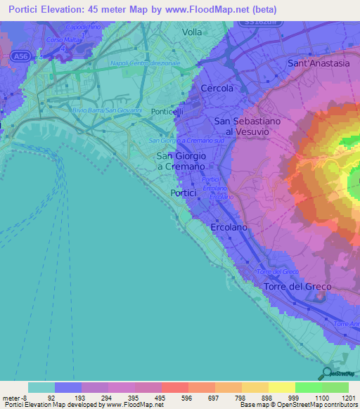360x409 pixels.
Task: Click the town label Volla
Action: (x=191, y=32)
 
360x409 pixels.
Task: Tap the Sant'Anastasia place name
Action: (x=319, y=63)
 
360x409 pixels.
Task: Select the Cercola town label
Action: (x=217, y=89)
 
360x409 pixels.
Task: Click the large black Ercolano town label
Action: (x=230, y=228)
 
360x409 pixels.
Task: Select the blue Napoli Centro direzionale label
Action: (x=146, y=63)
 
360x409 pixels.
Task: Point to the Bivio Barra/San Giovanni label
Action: (x=107, y=110)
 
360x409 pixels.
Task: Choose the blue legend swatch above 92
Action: (x=67, y=387)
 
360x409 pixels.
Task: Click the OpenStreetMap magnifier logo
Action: (x=326, y=373)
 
